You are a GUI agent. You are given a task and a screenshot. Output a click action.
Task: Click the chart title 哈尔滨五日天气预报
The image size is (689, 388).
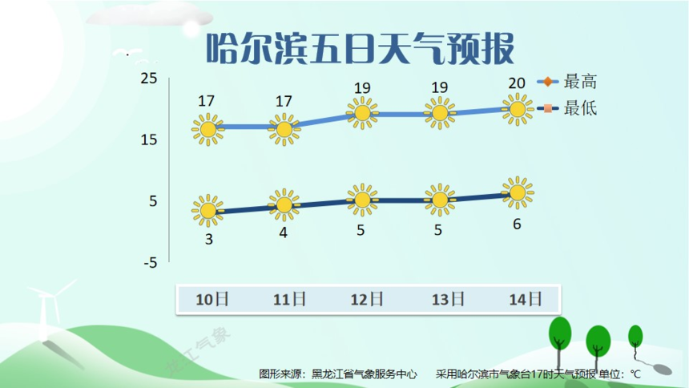point(359,49)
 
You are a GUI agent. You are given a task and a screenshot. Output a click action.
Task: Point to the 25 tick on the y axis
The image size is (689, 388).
point(148,78)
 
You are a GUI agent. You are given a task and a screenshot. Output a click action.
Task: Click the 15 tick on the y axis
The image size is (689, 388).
point(148,139)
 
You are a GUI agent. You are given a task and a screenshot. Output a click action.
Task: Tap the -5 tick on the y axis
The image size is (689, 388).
point(148,263)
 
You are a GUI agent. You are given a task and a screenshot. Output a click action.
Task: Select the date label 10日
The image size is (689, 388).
point(212,300)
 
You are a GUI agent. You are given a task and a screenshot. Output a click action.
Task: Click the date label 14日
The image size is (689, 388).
point(526,300)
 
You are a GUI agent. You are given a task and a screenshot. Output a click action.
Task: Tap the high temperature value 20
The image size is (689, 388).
point(517,83)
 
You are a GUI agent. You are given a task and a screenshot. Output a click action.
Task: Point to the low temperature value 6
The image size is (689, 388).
point(517,224)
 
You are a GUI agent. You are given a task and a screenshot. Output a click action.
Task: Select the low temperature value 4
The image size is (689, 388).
point(284,233)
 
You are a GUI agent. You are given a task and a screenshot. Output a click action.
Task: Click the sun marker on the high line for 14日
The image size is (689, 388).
point(518,108)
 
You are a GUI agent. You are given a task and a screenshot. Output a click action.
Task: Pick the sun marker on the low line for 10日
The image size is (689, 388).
point(208,211)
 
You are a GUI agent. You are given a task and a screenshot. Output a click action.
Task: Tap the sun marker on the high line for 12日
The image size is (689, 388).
point(362,113)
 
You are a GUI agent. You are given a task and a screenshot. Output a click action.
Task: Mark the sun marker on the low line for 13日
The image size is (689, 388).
point(440,200)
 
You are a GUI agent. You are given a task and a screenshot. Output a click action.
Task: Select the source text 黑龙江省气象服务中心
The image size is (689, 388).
point(365,374)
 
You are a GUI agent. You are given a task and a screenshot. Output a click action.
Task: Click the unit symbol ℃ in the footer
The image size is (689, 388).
point(635,374)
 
